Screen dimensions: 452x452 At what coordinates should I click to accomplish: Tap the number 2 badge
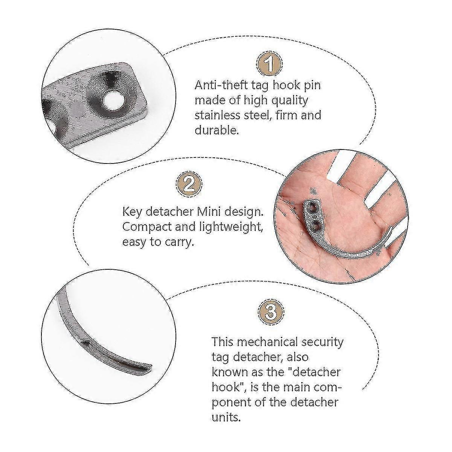188,185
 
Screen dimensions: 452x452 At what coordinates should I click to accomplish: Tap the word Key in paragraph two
131,212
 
